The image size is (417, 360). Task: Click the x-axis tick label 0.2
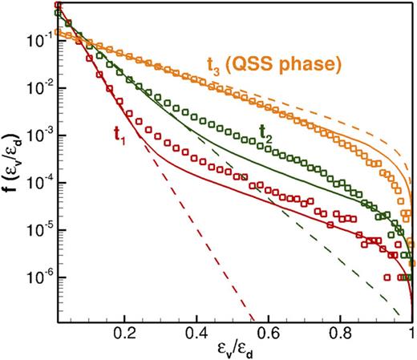124,329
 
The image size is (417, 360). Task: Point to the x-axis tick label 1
411,329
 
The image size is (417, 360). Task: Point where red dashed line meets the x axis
255,318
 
